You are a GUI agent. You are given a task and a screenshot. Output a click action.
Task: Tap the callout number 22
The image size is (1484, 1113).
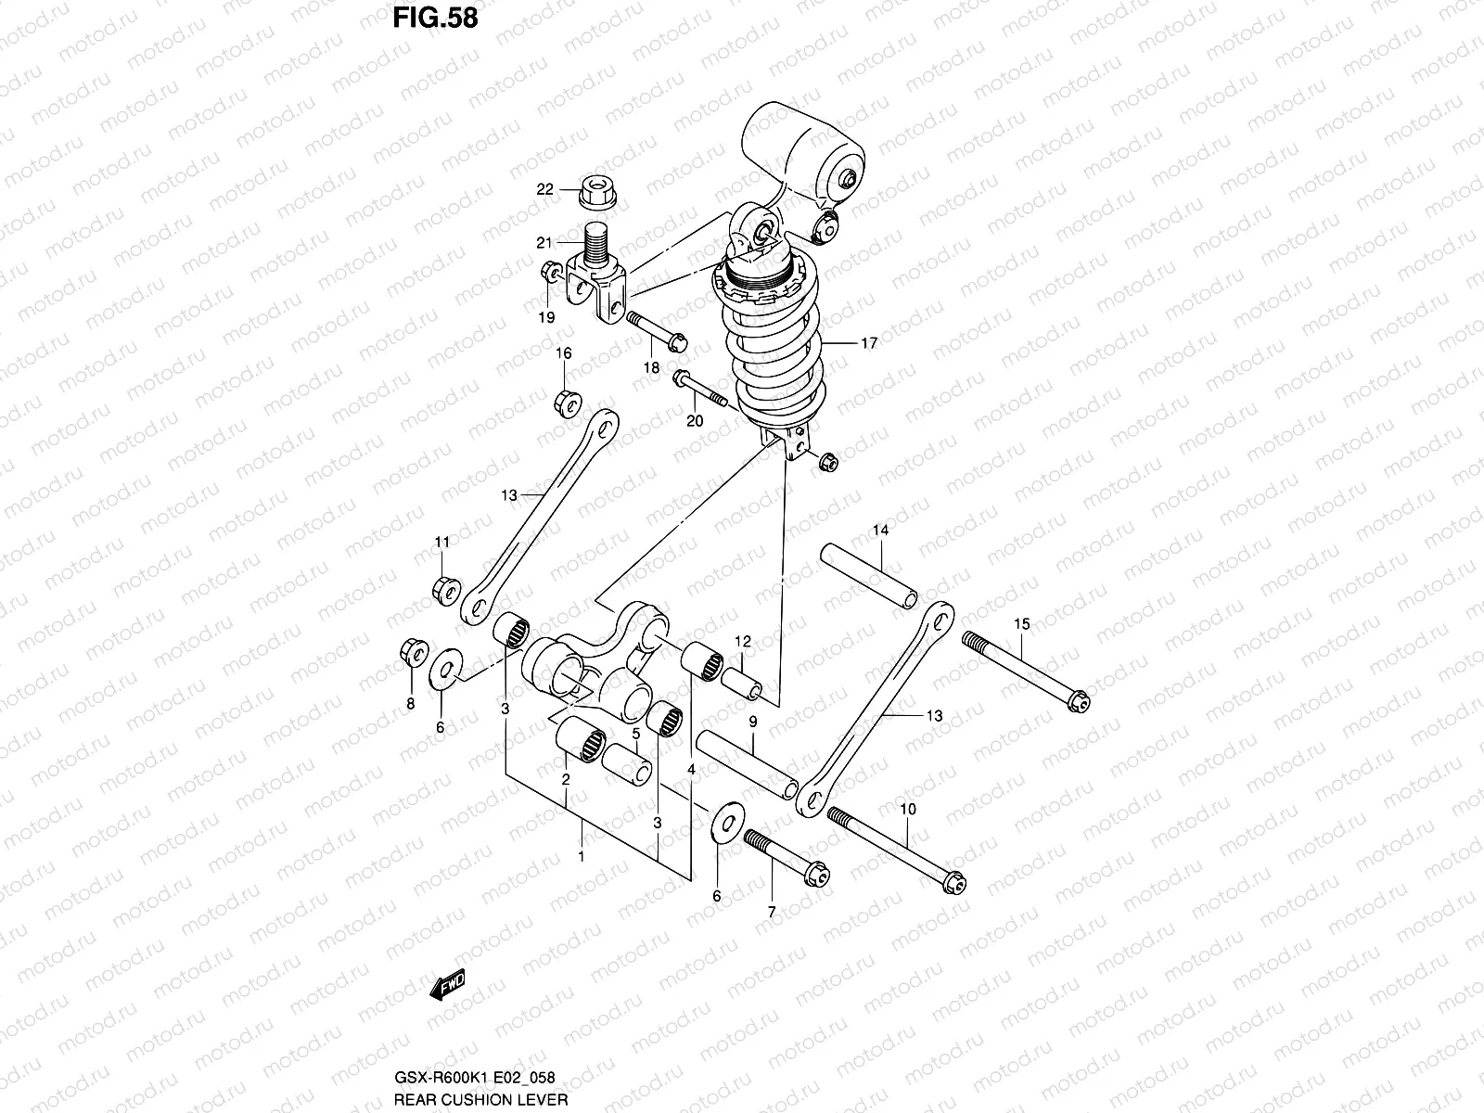coord(544,189)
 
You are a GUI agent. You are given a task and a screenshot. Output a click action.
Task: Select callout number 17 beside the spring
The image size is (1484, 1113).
coord(868,343)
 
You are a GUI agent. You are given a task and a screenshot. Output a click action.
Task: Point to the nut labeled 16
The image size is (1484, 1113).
coord(567,403)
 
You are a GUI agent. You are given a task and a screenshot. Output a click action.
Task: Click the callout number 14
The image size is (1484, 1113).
coord(879,531)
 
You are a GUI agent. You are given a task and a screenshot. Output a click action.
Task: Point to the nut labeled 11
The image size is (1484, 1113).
coord(443,587)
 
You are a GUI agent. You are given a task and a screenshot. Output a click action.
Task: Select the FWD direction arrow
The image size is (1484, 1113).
coord(447,988)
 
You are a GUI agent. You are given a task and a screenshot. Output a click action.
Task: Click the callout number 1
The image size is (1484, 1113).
coord(582,856)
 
